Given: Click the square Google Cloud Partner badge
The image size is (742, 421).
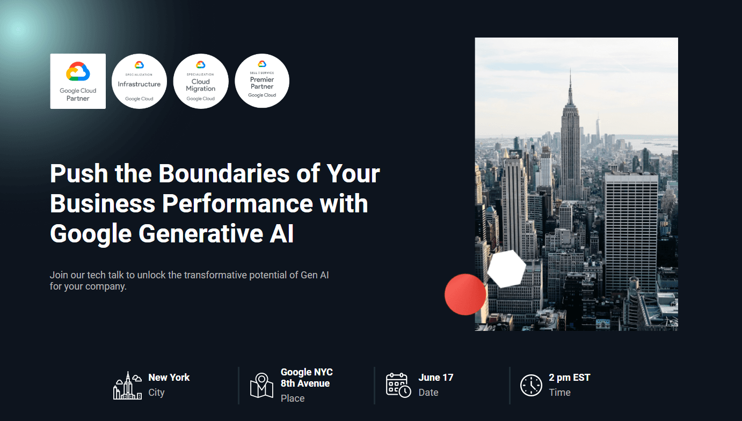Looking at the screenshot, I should coord(78,81).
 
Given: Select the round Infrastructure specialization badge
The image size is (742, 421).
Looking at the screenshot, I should coord(140,81).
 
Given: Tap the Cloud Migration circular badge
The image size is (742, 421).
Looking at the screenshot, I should coord(201,81).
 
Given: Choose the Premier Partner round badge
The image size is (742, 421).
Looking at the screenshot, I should coord(262,81).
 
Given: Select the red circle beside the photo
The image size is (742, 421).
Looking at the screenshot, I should coord(465,294).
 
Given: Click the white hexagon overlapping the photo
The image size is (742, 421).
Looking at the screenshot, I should coord(506,269).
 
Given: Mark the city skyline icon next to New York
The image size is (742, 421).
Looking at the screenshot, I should coord(127,385).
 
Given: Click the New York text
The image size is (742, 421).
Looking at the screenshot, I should coord(169,378).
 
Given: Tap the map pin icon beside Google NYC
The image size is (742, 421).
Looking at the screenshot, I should coord(262,385).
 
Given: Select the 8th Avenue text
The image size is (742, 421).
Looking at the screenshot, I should coord(305,383).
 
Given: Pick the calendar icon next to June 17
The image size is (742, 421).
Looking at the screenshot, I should coord(398,385).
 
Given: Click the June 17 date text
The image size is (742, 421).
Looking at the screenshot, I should coord(435,378).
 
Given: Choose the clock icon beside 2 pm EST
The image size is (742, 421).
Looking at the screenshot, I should coord(531,385).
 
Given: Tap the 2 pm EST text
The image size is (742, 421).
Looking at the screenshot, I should coord(569,378).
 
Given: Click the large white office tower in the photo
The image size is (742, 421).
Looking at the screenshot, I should coord(631,231).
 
